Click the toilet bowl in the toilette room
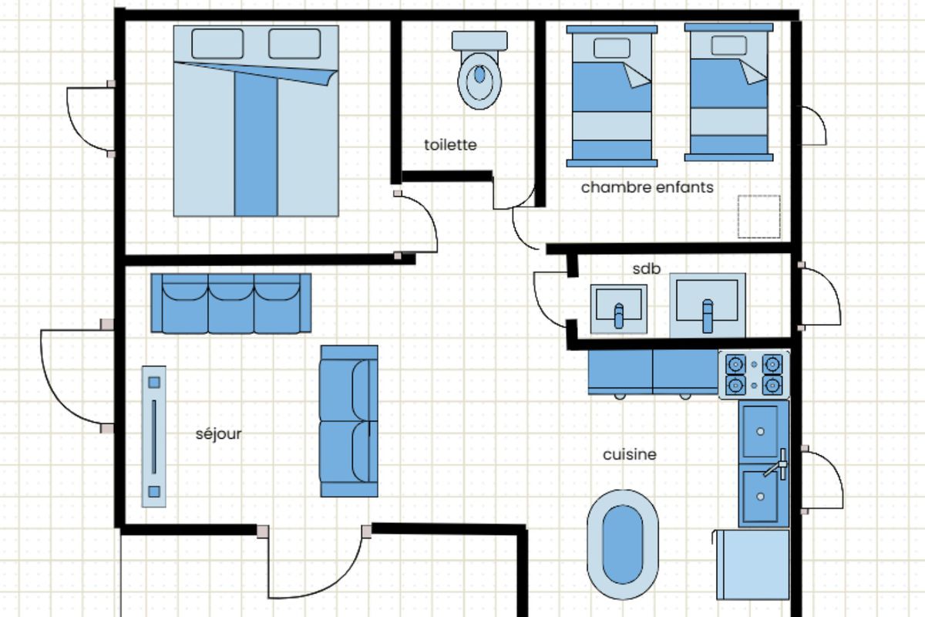[x=479, y=80]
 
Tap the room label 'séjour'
[x=218, y=434]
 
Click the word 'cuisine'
[x=630, y=454]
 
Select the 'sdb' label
[x=647, y=269]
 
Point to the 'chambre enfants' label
[x=647, y=187]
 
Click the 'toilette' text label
[x=450, y=145]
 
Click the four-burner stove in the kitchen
[x=754, y=375]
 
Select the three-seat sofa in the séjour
[x=230, y=303]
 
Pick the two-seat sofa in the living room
[x=349, y=421]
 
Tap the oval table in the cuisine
[x=623, y=545]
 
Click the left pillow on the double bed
[x=217, y=43]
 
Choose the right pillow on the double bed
[x=294, y=43]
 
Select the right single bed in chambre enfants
[x=729, y=92]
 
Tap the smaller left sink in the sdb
[x=618, y=309]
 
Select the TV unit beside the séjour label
[x=154, y=437]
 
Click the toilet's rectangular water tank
[x=479, y=41]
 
